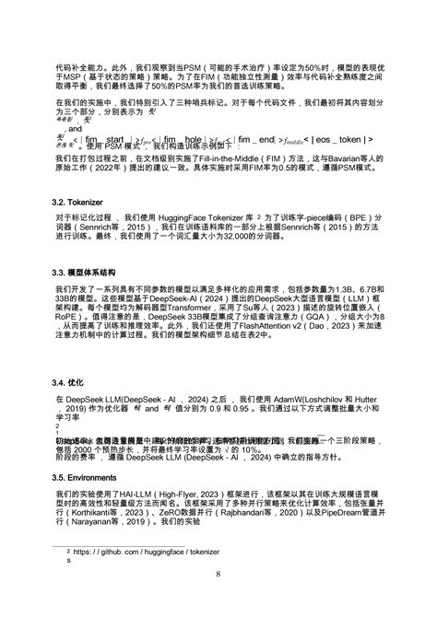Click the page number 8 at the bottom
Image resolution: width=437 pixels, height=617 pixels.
pyautogui.click(x=218, y=576)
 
